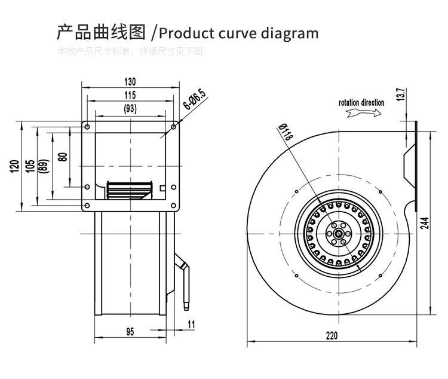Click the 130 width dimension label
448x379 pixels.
[130, 82]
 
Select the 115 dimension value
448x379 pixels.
[130, 95]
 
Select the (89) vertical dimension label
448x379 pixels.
[43, 166]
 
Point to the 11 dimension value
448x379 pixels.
[191, 324]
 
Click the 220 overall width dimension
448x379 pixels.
[332, 335]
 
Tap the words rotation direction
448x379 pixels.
[361, 103]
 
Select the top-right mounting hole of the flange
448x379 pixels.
[174, 126]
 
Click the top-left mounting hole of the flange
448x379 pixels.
[87, 126]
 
